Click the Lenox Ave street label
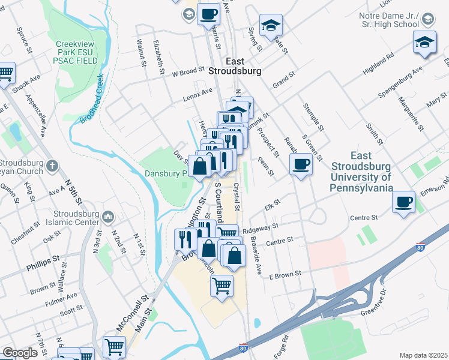pos(199,92)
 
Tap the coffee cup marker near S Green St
pos(301,163)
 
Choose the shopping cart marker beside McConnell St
pos(114,346)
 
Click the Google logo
pos(20,353)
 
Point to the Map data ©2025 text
pos(423,355)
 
